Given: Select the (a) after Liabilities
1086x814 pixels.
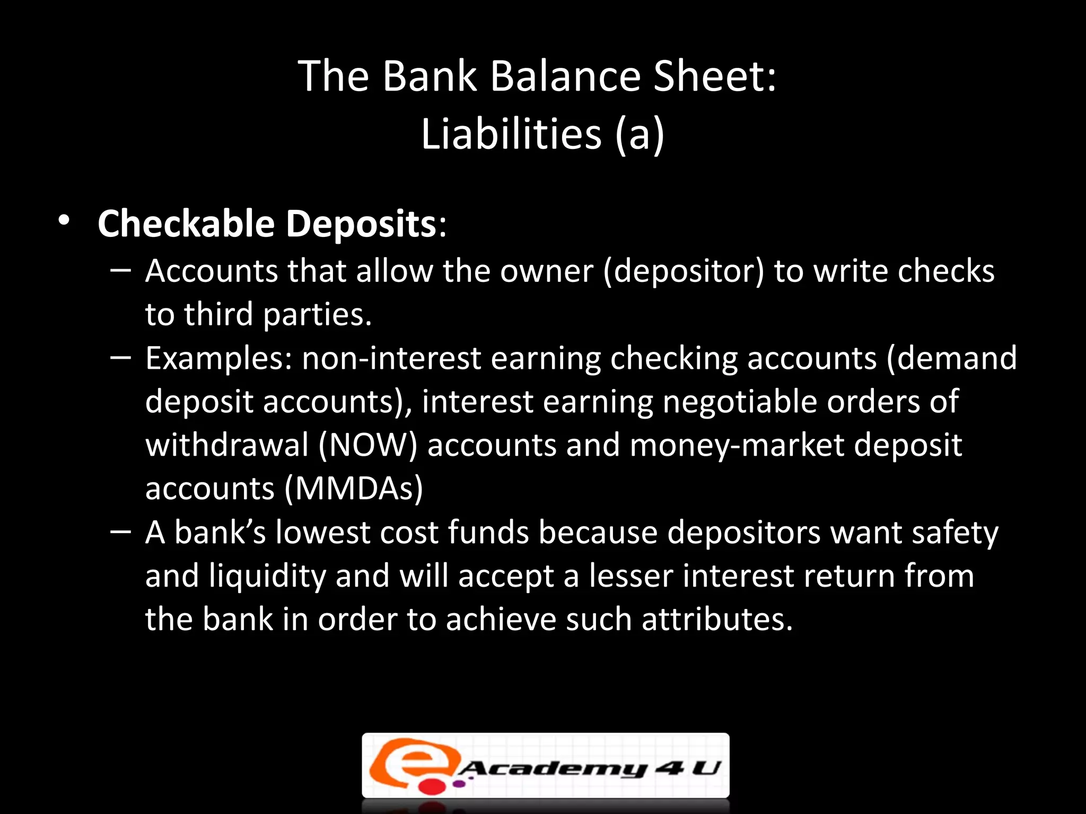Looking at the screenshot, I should coord(640,135).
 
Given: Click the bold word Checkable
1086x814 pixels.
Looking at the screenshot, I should coord(186,224).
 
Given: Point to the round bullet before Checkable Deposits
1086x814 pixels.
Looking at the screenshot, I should coord(64,220).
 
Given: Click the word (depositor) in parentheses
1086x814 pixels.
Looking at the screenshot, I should coord(684,271).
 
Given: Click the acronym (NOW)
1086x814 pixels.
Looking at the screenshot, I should coord(368,445).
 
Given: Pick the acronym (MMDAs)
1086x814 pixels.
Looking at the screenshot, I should coord(354,488).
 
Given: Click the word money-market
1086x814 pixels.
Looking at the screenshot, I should coord(737,445).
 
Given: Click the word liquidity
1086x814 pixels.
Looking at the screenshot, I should coord(267,576).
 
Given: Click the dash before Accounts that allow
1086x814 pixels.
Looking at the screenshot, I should coord(121,270).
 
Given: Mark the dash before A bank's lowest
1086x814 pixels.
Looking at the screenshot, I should coord(121,531).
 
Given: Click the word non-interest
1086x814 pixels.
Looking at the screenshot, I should coord(391,358).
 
